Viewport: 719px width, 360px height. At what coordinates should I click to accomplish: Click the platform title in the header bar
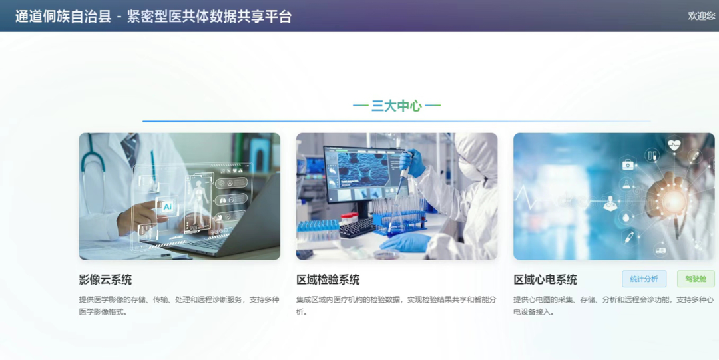pos(154,16)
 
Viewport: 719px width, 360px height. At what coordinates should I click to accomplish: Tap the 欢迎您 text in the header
pos(702,16)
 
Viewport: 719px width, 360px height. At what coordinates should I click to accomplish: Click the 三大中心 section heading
pos(397,106)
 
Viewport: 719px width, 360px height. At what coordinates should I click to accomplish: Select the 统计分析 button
pos(644,279)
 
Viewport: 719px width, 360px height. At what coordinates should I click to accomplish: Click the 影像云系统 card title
pos(105,279)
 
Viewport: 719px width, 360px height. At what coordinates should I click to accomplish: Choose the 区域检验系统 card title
pos(328,279)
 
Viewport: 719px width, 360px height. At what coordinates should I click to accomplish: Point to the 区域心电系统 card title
pos(545,279)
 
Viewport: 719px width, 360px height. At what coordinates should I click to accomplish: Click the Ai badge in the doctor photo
pos(168,206)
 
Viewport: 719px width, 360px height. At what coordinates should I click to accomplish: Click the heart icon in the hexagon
pos(674,145)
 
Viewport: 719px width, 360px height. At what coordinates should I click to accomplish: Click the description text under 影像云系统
pos(179,306)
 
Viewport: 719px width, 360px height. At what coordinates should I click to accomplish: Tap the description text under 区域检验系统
pos(397,306)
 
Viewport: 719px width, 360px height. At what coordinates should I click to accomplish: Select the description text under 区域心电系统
pos(614,306)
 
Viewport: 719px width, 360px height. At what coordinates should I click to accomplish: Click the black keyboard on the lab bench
pos(357,227)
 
